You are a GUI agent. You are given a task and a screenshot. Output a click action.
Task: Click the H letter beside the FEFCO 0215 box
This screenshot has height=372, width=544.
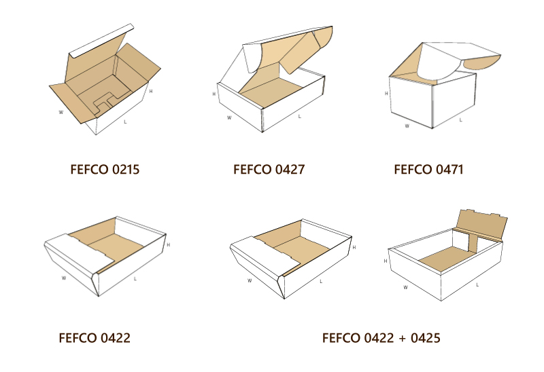[150, 91]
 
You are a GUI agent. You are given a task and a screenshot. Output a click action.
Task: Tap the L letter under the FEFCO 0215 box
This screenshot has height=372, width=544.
[125, 122]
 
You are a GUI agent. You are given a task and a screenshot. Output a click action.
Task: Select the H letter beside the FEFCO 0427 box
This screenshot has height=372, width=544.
[214, 94]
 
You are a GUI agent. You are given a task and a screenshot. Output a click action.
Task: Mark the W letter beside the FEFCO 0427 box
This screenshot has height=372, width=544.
[229, 117]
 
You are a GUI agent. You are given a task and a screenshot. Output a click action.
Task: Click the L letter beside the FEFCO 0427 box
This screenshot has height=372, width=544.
[300, 117]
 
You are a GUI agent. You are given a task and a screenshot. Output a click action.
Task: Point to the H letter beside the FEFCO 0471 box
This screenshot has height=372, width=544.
[386, 94]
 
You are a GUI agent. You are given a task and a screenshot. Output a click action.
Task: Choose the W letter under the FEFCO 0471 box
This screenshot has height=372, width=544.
[407, 126]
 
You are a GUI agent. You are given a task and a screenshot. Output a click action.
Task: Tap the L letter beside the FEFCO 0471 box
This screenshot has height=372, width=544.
[461, 120]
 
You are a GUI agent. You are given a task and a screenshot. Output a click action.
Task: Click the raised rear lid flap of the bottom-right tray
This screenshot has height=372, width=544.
[481, 224]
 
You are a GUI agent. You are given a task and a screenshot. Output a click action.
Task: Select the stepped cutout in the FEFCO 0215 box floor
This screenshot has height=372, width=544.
[103, 102]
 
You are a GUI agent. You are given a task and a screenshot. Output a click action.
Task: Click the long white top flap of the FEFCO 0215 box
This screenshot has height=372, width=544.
[102, 41]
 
